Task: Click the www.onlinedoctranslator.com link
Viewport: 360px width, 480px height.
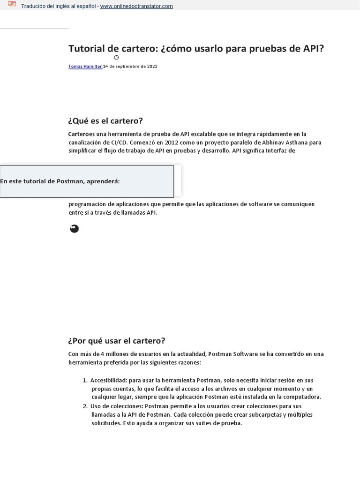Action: click(136, 6)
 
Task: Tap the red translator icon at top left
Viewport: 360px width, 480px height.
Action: click(12, 5)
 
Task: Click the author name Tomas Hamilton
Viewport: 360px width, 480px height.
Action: click(85, 67)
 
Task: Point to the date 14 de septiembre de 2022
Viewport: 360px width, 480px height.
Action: click(130, 67)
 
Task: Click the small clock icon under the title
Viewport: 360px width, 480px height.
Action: click(116, 57)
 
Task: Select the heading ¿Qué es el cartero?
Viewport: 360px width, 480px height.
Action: click(105, 120)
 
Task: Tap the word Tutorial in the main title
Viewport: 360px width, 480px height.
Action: click(85, 48)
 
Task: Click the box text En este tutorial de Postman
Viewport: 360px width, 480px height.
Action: click(60, 181)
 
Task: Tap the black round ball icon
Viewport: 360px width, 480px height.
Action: click(74, 229)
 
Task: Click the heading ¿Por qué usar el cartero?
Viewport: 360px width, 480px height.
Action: click(117, 340)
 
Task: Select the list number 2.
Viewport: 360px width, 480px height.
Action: click(85, 406)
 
